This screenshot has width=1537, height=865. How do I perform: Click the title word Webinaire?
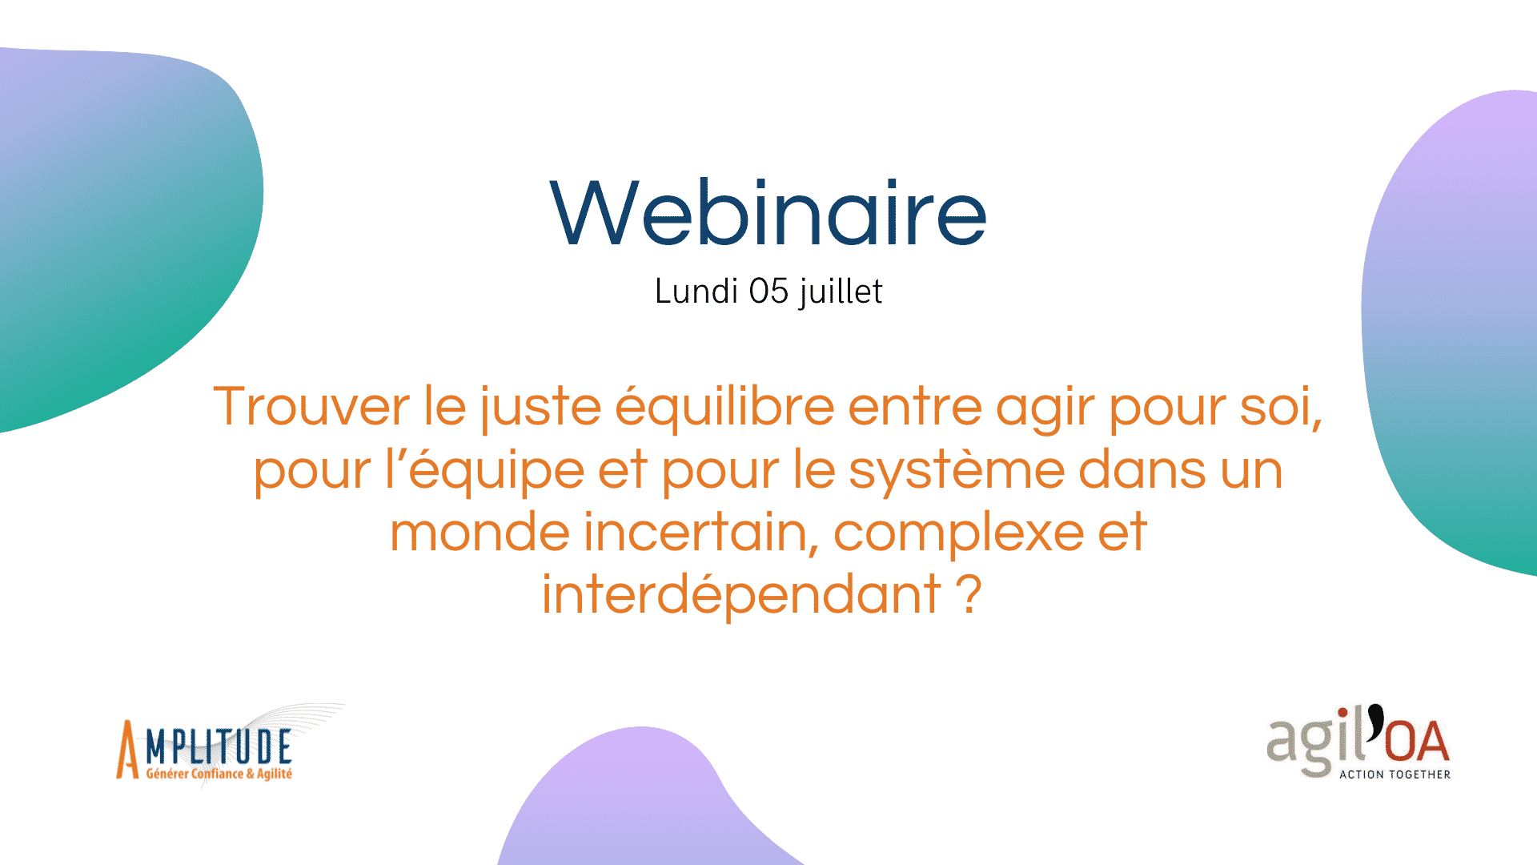[x=768, y=212]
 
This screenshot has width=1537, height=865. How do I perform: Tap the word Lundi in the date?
[x=696, y=291]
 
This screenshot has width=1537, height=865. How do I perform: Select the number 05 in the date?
[x=769, y=291]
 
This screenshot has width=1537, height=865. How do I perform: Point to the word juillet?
[x=841, y=292]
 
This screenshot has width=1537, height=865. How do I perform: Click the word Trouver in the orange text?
[x=311, y=406]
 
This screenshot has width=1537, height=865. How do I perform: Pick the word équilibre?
[x=724, y=408]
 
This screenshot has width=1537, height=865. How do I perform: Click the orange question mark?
[x=969, y=594]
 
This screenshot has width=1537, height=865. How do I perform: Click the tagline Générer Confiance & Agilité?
[x=219, y=774]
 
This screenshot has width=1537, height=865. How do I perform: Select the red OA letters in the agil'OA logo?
[x=1417, y=741]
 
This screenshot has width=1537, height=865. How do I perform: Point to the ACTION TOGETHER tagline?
[x=1395, y=774]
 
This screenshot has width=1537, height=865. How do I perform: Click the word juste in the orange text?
[x=540, y=408]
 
